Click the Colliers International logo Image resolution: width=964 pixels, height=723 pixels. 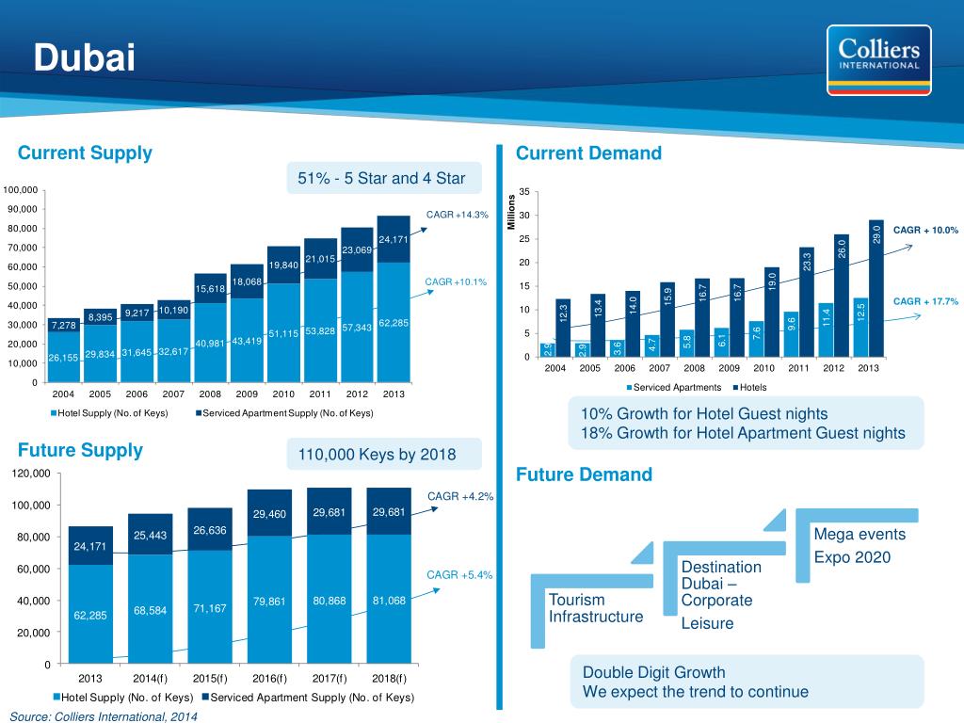873,60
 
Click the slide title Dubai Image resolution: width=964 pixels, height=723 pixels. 85,58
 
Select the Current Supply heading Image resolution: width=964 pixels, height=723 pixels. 85,153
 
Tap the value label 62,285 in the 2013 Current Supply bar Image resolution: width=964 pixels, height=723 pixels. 393,324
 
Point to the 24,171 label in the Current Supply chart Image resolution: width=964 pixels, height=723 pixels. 393,239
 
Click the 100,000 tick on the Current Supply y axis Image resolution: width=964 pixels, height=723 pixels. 20,189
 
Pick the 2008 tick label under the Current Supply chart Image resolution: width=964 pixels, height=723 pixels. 210,394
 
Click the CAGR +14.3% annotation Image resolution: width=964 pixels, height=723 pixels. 458,215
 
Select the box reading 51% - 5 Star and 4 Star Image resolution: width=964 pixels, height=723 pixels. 382,179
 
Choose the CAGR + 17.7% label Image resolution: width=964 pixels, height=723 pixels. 924,301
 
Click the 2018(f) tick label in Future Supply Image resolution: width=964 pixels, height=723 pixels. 388,678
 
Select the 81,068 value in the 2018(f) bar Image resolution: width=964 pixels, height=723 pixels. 389,601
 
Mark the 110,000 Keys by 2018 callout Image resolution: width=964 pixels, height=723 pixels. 377,455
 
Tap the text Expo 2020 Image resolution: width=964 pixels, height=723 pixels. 852,557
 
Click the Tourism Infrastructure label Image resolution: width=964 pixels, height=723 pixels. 596,608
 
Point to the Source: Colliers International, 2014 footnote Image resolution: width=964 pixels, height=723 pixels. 104,715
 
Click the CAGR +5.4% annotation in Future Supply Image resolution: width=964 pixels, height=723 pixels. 460,574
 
